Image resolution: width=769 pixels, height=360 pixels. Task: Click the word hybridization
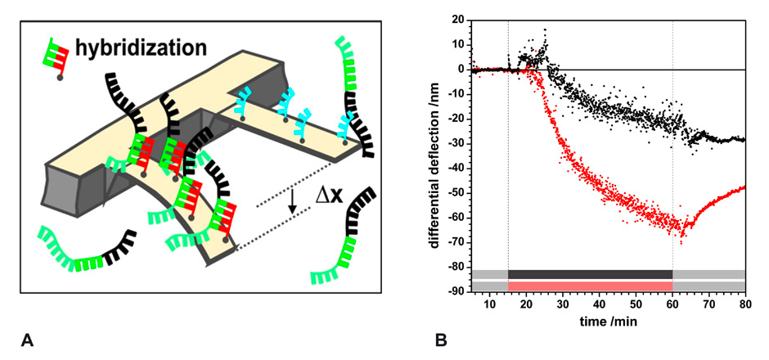pos(140,47)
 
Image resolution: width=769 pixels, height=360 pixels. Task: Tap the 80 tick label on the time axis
pos(745,305)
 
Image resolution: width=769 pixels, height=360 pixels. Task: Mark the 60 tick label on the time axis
pos(672,305)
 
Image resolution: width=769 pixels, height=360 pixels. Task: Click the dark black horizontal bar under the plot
pos(590,274)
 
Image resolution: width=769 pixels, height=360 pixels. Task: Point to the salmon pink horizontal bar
pos(590,286)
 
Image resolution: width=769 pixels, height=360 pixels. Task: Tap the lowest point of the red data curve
pos(682,236)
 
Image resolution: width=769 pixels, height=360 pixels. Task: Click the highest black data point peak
pos(545,30)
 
